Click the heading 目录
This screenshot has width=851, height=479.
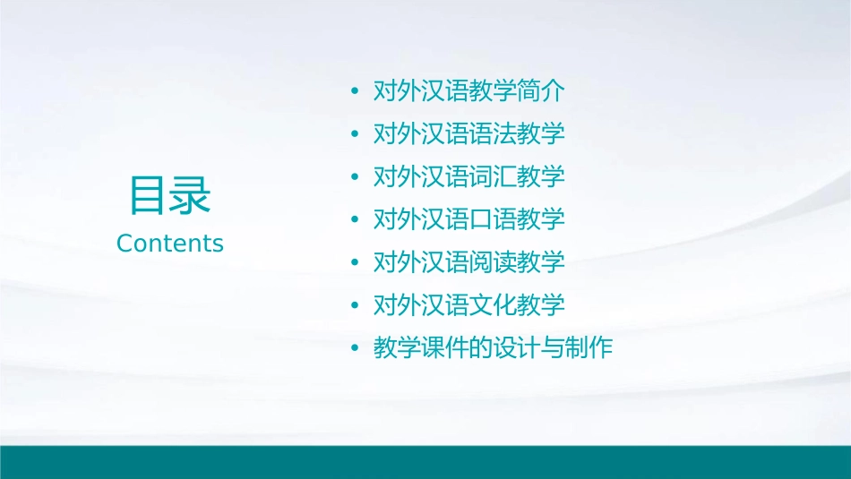point(170,195)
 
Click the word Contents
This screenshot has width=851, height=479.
point(170,244)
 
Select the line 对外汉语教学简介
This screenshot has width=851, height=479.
point(468,90)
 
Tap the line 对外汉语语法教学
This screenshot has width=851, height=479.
point(468,133)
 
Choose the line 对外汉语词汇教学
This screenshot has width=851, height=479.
point(468,176)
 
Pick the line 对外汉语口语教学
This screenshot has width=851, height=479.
point(468,219)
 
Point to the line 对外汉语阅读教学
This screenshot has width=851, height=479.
point(468,262)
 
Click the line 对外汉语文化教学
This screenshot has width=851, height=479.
point(468,305)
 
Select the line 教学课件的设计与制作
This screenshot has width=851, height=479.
point(493,348)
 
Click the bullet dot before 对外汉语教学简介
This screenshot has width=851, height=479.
point(356,91)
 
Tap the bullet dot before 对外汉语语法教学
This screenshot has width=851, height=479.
point(356,134)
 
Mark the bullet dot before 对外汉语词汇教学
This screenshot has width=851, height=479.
point(356,177)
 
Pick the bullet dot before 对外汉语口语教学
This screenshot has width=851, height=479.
point(356,220)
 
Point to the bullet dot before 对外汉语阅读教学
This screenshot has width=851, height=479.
point(356,263)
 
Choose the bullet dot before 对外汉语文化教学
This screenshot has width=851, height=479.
point(356,306)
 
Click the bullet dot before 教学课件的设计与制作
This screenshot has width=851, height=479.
point(356,349)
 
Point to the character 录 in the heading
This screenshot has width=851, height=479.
point(191,195)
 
